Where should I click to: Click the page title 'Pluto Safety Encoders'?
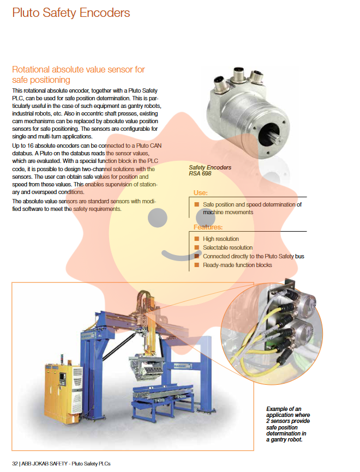[x=71, y=13]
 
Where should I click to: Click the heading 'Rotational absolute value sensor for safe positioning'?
[x=79, y=75]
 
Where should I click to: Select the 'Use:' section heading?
[x=200, y=192]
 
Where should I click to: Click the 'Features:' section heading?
[x=208, y=227]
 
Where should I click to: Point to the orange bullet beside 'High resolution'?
[x=197, y=239]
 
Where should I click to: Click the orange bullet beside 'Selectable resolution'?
[x=197, y=247]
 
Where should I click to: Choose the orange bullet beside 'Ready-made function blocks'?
[x=197, y=265]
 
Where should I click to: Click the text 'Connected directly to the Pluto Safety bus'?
[x=253, y=257]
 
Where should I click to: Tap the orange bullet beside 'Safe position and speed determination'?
[x=197, y=204]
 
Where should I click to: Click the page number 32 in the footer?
[x=15, y=464]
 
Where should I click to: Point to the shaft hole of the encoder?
[x=269, y=134]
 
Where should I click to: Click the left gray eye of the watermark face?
[x=157, y=217]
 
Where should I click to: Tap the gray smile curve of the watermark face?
[x=180, y=255]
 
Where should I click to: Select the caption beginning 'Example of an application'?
[x=287, y=424]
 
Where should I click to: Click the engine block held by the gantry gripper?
[x=146, y=367]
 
